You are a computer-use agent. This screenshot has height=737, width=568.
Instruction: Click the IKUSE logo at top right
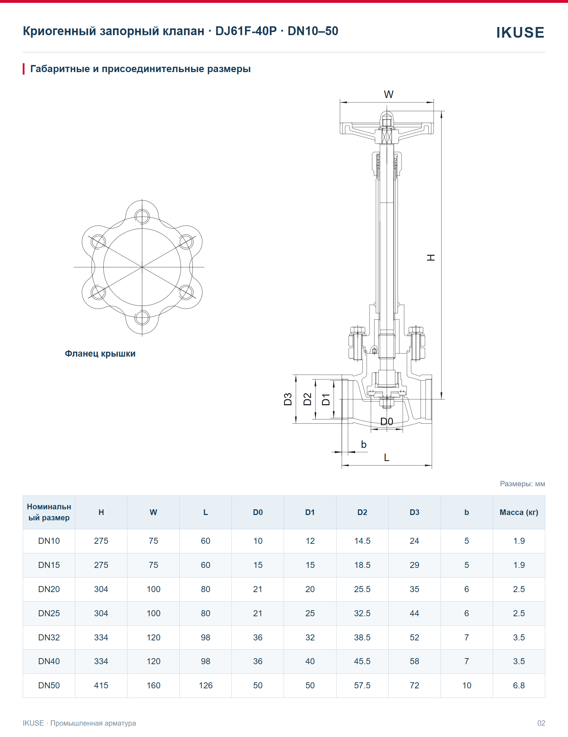pyautogui.click(x=520, y=32)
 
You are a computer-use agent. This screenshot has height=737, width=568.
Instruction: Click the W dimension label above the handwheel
pyautogui.click(x=388, y=94)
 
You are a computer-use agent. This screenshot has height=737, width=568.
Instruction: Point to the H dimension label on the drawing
pyautogui.click(x=431, y=258)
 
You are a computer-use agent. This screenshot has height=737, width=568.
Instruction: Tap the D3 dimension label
pyautogui.click(x=288, y=399)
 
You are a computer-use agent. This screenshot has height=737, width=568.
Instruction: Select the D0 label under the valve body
pyautogui.click(x=387, y=422)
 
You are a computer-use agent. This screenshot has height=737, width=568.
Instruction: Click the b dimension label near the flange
pyautogui.click(x=364, y=444)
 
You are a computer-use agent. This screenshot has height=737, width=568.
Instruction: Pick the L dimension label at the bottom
pyautogui.click(x=387, y=457)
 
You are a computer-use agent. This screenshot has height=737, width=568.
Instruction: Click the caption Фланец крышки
pyautogui.click(x=100, y=354)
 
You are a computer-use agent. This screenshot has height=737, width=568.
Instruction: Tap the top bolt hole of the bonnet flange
pyautogui.click(x=142, y=216)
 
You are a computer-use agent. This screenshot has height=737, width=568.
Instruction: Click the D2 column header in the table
pyautogui.click(x=362, y=512)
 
